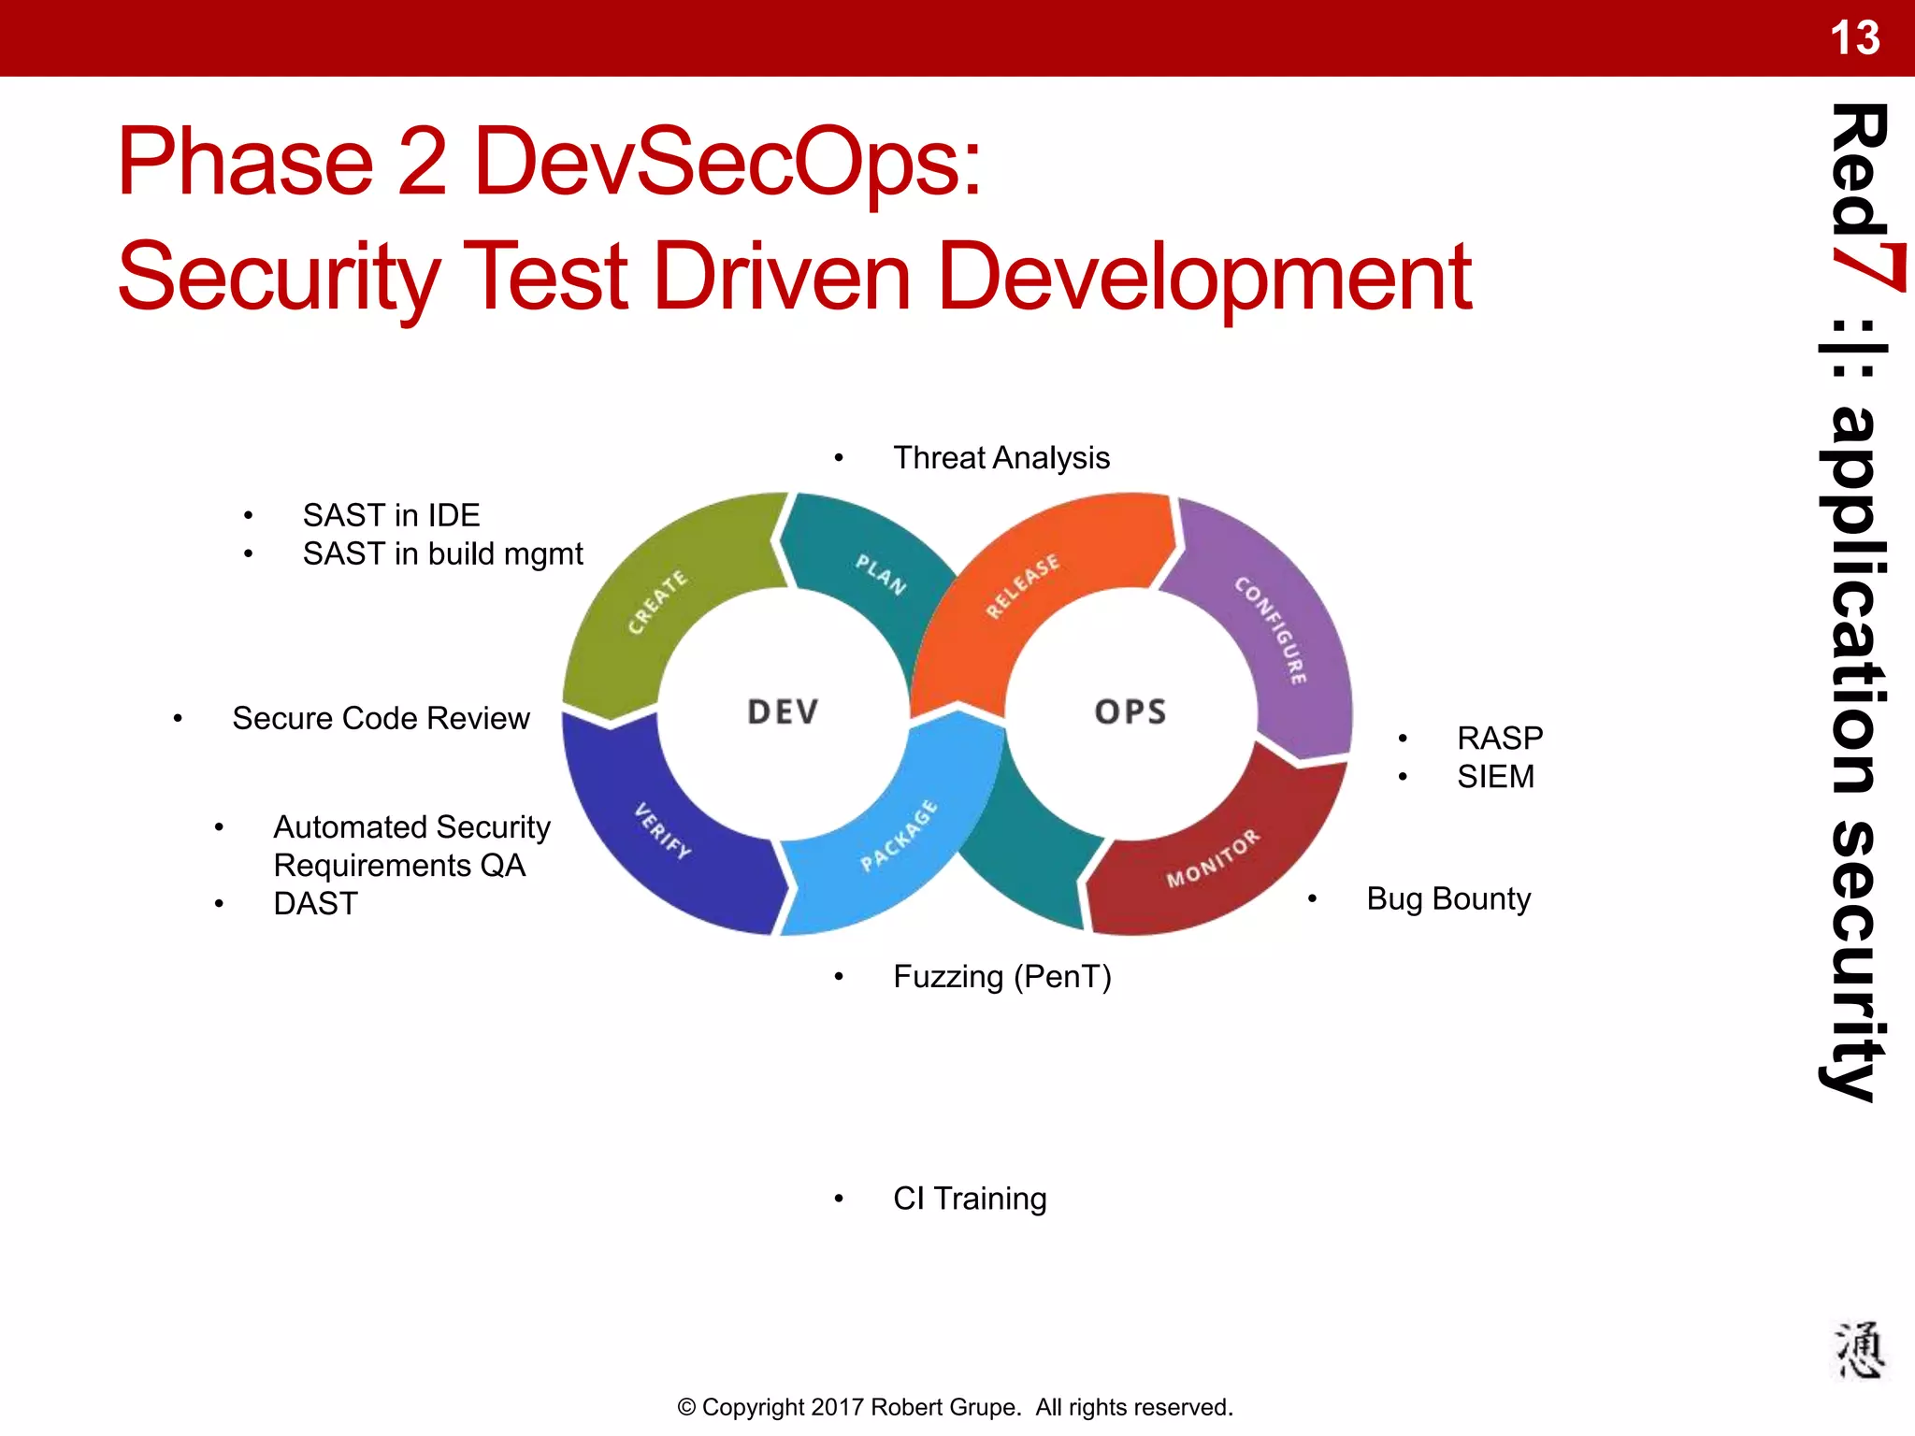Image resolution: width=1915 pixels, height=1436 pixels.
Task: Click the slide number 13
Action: click(1853, 38)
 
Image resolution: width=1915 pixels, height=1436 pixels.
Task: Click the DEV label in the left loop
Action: click(783, 712)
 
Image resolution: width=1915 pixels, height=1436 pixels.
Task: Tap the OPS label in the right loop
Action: click(1130, 712)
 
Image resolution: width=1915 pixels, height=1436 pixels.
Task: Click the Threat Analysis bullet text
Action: click(1001, 458)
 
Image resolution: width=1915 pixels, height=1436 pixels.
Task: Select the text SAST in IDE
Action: click(391, 515)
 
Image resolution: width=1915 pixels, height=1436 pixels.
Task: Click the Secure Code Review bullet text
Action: click(381, 718)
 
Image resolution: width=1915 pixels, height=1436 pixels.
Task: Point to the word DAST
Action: click(315, 904)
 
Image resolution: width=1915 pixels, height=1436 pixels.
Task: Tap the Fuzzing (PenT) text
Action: click(1001, 977)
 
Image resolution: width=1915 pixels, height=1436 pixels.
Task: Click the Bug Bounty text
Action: click(1447, 899)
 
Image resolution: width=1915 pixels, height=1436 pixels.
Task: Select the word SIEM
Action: click(1494, 777)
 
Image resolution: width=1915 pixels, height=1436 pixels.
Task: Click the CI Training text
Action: click(969, 1199)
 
